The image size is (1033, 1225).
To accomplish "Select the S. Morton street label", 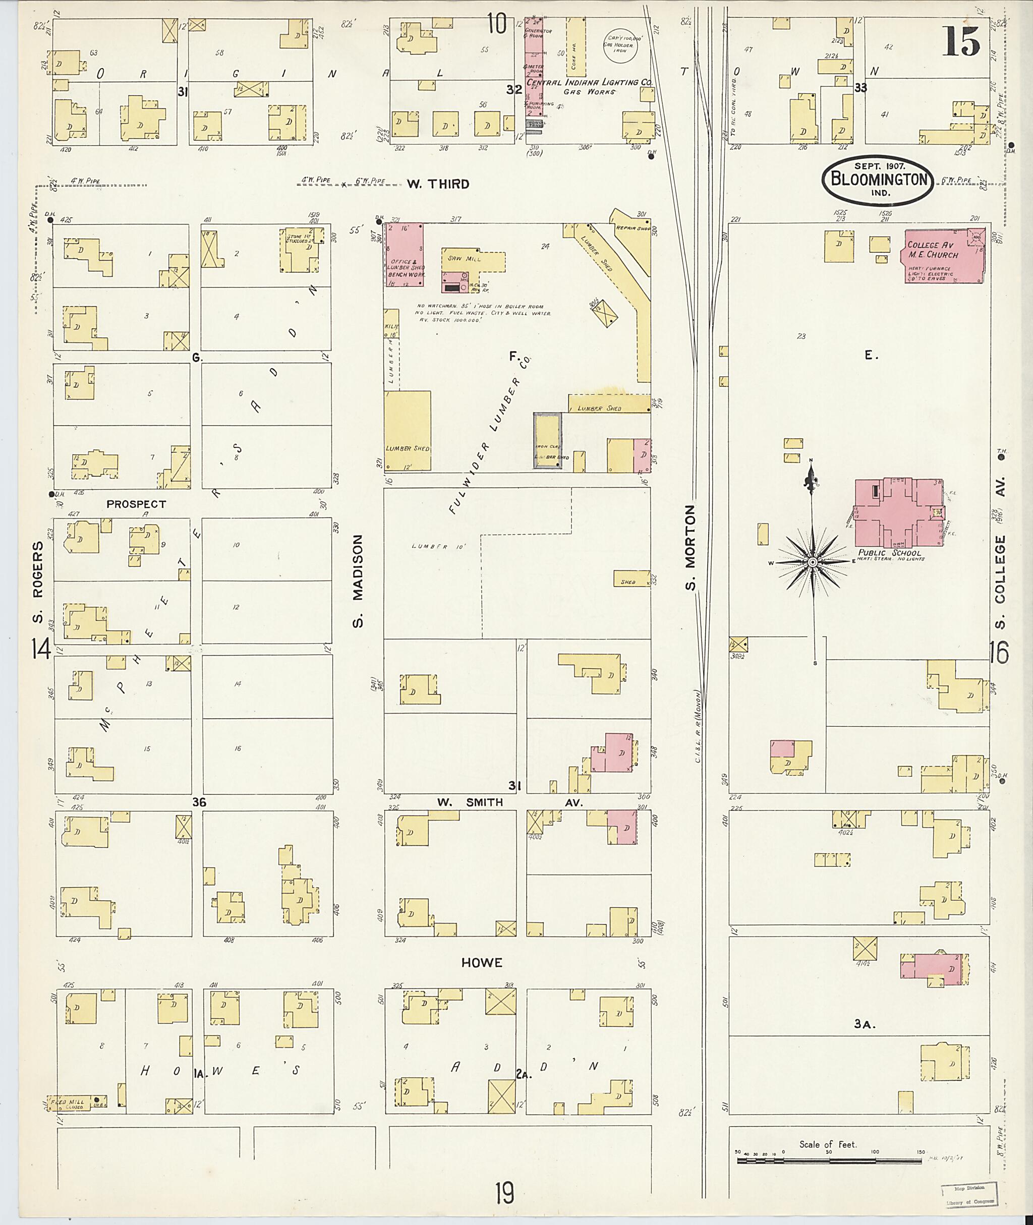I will coord(691,548).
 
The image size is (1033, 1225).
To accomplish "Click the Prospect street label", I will coord(137,504).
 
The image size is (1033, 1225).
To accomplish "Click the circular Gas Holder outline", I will coord(623,44).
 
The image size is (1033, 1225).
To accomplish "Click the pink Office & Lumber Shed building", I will coord(404,255).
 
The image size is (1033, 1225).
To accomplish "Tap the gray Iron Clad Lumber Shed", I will coord(547,440).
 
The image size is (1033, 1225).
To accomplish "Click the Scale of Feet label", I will coord(827,1144).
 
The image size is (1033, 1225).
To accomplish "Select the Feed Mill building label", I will coord(69,1102).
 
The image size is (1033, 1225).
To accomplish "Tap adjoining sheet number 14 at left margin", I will coord(41,650).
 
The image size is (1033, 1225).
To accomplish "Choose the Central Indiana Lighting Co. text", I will coord(589,83).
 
